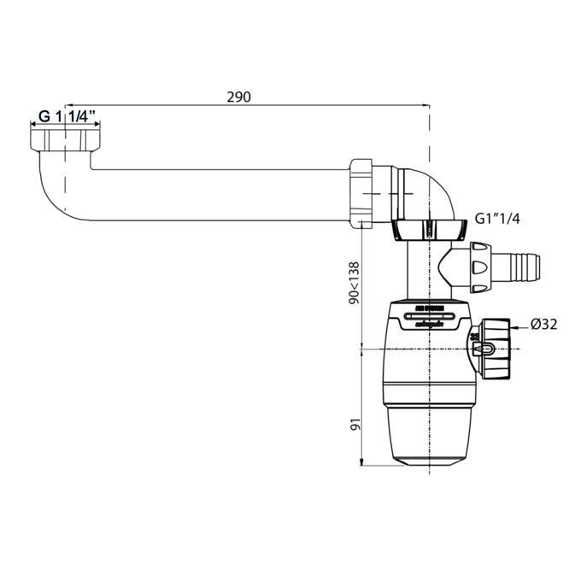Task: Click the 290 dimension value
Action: click(x=238, y=97)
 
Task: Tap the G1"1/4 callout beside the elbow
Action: click(x=498, y=219)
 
